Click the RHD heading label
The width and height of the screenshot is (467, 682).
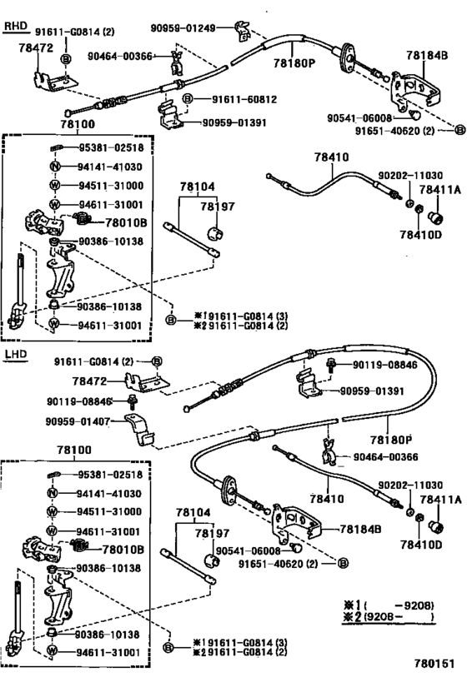pos(15,26)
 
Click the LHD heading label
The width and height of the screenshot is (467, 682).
pos(15,354)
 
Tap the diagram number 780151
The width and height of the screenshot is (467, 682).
pos(434,664)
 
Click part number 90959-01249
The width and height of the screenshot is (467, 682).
pos(183,28)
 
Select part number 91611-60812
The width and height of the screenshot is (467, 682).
pos(244,100)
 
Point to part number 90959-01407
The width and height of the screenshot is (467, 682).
pos(78,421)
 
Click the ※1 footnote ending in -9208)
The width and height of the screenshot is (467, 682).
pos(389,605)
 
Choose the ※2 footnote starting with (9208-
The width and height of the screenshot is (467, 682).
pos(389,616)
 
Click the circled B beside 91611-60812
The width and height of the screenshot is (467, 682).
pos(187,99)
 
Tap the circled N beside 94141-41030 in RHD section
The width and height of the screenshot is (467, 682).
pos(54,167)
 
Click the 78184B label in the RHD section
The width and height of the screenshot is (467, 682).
pos(427,55)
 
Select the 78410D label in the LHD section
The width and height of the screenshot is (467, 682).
pos(421,544)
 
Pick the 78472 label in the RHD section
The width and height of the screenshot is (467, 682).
pos(36,47)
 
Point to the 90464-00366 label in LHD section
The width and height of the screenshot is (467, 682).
pos(385,456)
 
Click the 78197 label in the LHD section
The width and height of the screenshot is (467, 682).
pos(212,533)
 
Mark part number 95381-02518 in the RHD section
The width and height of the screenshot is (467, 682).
pos(111,148)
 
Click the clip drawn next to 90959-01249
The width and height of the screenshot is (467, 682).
pos(242,32)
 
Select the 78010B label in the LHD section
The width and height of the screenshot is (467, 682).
pos(123,550)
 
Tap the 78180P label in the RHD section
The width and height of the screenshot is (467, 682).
pos(294,63)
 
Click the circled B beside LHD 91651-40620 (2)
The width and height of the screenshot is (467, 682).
pos(343,563)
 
